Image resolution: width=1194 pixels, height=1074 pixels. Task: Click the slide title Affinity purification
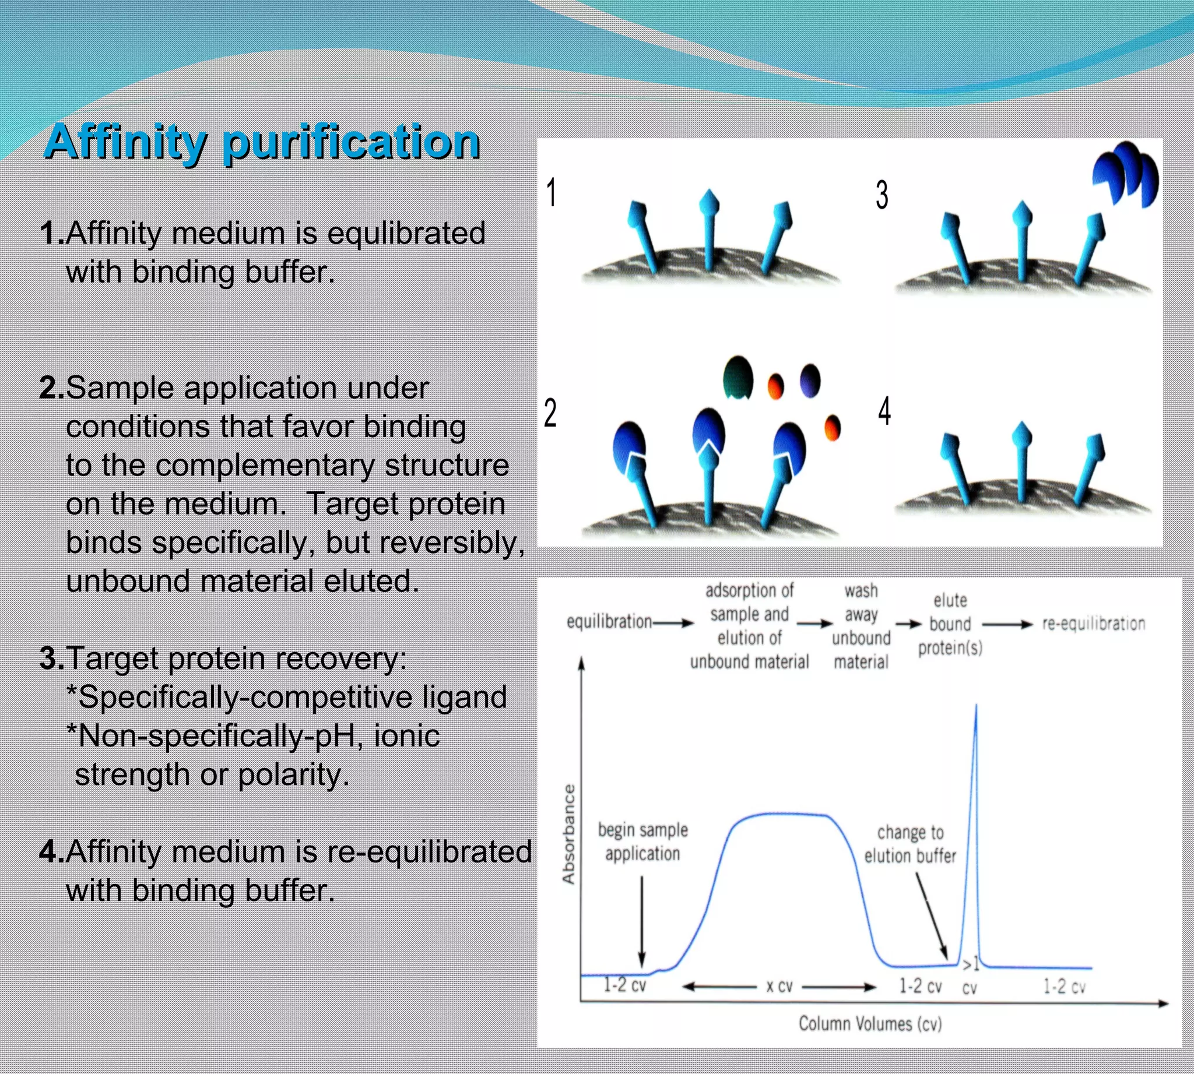[x=262, y=142]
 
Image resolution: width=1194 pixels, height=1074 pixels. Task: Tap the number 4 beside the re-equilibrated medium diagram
[x=884, y=411]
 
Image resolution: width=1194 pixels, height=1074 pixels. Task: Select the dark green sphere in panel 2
[x=738, y=377]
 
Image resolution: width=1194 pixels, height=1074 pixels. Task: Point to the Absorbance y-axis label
[x=568, y=834]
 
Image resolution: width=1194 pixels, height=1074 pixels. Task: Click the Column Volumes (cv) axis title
[x=870, y=1023]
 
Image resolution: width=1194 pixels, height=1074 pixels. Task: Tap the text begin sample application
[x=642, y=841]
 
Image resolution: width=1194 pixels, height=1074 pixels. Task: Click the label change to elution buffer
[x=910, y=844]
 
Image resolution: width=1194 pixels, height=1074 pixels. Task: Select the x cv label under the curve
[x=779, y=986]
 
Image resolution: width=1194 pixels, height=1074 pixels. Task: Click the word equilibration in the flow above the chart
[x=609, y=622]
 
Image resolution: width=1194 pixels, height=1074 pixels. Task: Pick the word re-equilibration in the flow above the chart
[x=1094, y=624]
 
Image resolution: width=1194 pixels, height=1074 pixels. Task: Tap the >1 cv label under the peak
[x=970, y=976]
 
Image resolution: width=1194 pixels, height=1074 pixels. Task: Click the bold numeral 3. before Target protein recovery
[x=52, y=658]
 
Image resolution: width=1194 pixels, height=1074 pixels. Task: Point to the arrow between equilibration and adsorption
[x=675, y=622]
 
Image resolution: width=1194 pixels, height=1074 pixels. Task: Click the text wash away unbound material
[x=861, y=626]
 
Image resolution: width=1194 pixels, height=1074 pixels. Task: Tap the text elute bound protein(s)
[x=950, y=624]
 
